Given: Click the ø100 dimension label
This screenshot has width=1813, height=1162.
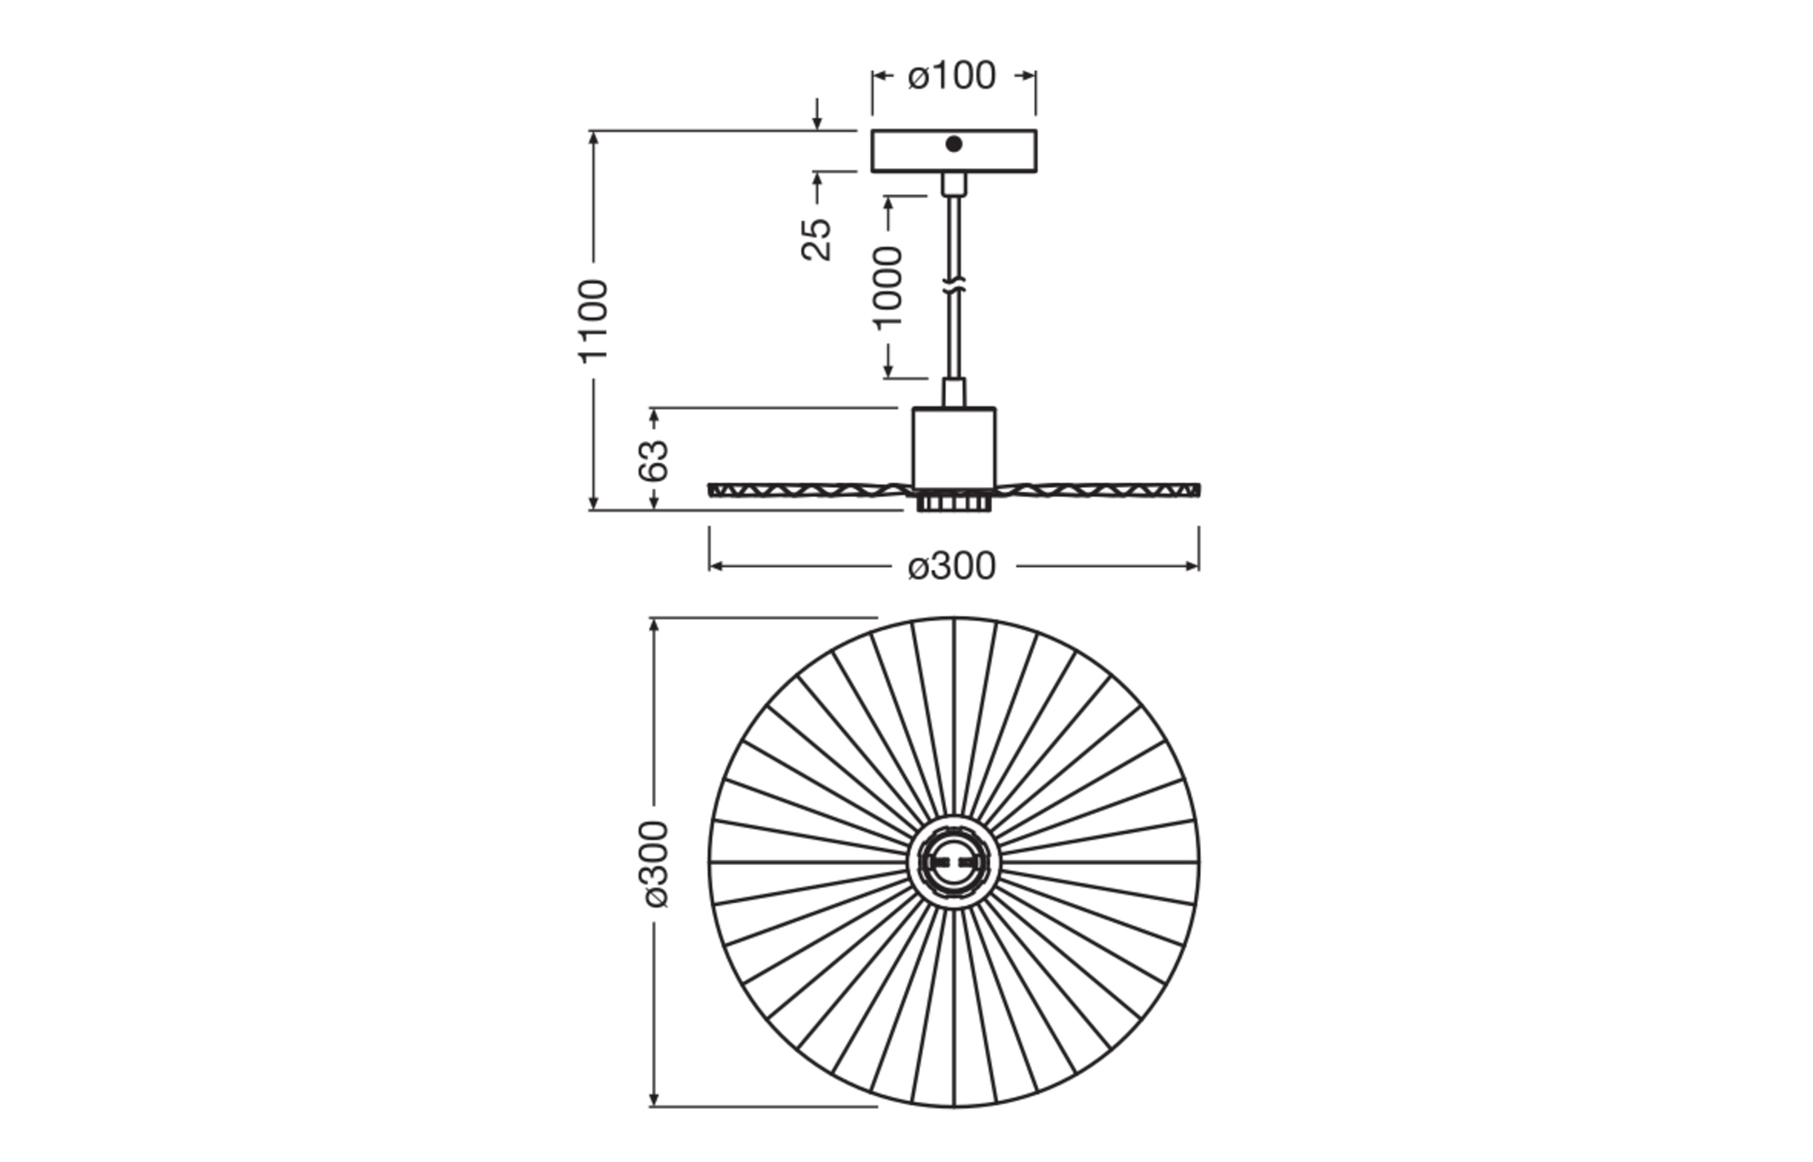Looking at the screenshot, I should [x=952, y=76].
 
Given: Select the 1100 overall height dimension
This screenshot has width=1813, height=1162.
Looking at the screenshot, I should [x=593, y=320].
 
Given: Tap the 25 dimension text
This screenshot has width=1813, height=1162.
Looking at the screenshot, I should [x=816, y=239].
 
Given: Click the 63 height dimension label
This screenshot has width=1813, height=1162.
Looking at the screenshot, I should [x=653, y=459].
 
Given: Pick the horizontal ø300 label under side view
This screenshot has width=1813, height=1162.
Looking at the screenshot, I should [x=952, y=566].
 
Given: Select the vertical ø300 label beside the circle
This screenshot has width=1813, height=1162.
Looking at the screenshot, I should [x=653, y=864].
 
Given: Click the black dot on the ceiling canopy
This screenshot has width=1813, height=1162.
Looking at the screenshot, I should [x=953, y=144].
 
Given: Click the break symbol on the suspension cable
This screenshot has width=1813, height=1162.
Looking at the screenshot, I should [x=954, y=287].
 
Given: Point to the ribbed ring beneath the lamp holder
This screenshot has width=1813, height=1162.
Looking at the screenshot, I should [x=953, y=503].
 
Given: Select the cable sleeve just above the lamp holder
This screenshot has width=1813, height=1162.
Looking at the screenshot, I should [x=953, y=392].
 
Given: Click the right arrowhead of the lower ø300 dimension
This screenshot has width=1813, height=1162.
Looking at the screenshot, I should [x=1193, y=566].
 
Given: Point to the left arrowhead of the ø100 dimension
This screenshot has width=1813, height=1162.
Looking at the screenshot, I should [x=877, y=76].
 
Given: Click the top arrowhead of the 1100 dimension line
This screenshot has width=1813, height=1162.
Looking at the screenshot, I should [x=593, y=136].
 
